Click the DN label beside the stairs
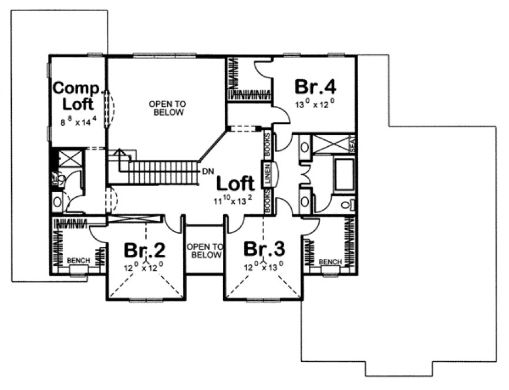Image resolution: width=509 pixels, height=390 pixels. point(207,172)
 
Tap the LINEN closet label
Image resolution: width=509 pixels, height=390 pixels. point(267,174)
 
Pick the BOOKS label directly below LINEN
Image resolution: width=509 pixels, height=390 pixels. point(267,201)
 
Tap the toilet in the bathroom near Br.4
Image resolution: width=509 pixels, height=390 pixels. point(349,204)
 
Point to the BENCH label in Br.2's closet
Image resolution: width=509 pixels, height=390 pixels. point(77,260)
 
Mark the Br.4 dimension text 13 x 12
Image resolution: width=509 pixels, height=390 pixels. point(315,105)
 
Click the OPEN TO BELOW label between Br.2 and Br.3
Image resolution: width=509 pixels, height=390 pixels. point(204,251)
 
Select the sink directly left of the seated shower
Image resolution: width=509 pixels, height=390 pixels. point(305,147)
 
